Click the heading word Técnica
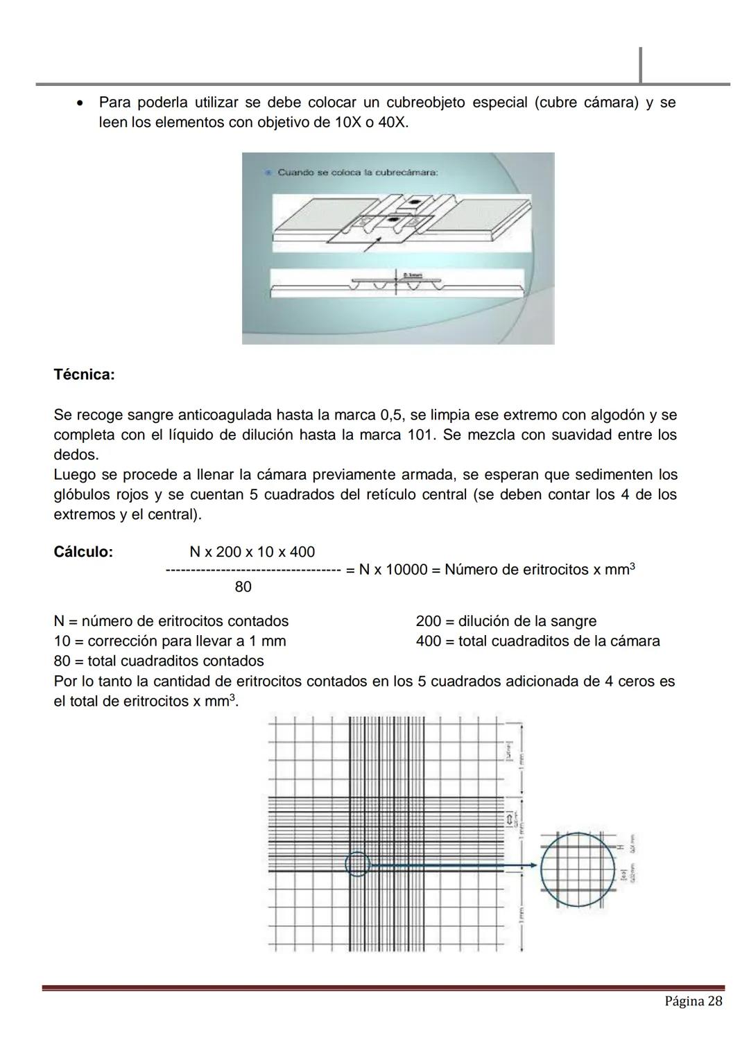tap(83, 375)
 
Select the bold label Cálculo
tap(83, 552)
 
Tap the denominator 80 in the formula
tap(243, 587)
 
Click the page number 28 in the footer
tap(714, 1001)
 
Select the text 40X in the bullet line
tap(392, 123)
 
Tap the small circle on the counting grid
tap(357, 865)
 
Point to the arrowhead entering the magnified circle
tap(533, 865)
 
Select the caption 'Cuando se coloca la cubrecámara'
tap(356, 173)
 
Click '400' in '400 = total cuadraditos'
tap(429, 641)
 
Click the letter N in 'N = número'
tap(59, 621)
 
